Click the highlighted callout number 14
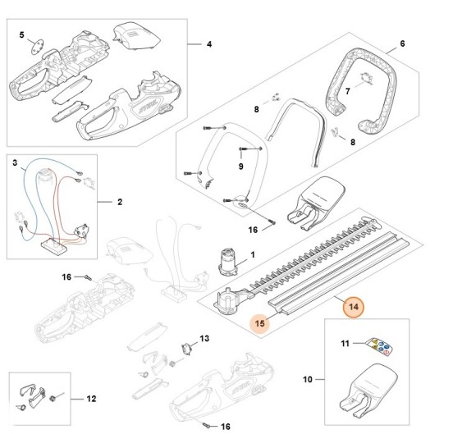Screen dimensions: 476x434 click(354, 307)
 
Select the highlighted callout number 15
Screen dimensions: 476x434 click(260, 323)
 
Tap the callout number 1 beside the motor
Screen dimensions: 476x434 click(253, 255)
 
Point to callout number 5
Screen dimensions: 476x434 click(21, 35)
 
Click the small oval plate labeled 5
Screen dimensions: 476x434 click(38, 48)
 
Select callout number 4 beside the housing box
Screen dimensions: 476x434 click(209, 44)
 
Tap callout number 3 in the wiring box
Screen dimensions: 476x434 click(15, 163)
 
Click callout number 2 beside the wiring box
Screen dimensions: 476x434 click(120, 202)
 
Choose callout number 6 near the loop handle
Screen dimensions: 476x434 click(402, 43)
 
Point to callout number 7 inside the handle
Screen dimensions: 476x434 click(348, 91)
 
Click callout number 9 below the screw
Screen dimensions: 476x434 click(240, 167)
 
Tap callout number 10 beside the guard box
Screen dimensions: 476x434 click(308, 379)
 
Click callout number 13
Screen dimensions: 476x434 click(204, 338)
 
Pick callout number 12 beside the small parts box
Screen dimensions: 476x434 click(91, 399)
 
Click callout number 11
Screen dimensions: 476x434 click(346, 344)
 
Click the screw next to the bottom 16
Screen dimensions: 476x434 click(207, 425)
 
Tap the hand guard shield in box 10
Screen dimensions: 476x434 click(368, 389)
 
